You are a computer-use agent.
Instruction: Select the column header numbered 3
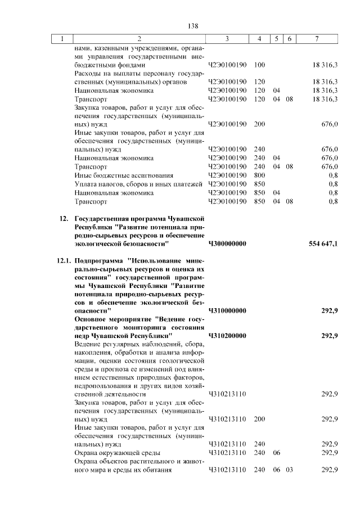tap(227, 39)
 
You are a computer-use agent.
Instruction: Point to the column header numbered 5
tap(276, 39)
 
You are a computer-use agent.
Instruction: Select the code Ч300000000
tap(227, 244)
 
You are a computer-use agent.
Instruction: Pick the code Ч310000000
tap(227, 310)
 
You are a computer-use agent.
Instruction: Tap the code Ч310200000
tap(227, 336)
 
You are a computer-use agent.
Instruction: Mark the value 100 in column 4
tap(259, 65)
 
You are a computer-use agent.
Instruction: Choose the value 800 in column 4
tap(259, 175)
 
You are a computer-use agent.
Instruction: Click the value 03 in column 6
tap(290, 470)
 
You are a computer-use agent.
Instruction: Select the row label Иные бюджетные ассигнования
tap(120, 175)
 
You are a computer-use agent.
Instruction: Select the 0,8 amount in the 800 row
tap(332, 175)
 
